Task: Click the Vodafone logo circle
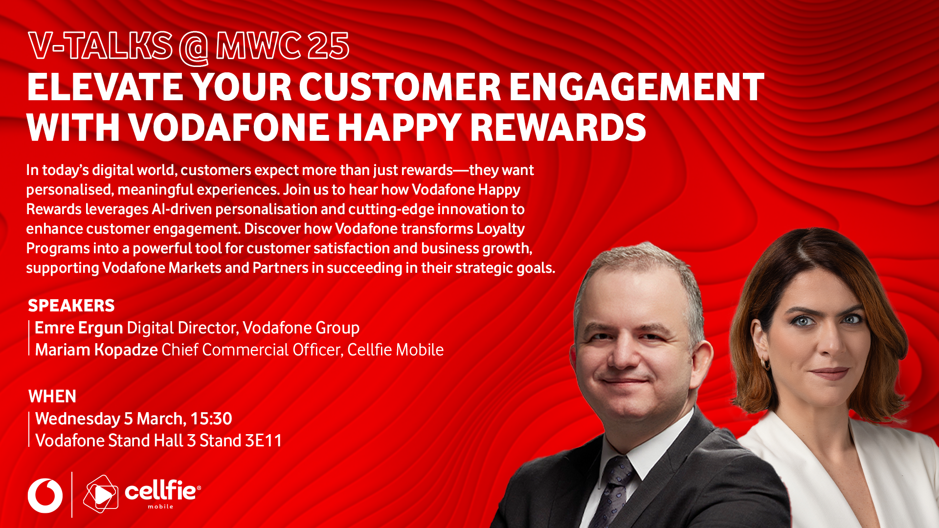45,496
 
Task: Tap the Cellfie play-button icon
101,494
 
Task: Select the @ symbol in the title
194,47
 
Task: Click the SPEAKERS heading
71,306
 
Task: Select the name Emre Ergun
79,328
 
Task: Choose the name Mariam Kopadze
96,350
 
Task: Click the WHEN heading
52,396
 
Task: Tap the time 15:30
211,419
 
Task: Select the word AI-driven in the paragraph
182,209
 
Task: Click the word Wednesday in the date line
78,419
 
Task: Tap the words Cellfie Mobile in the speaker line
395,350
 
